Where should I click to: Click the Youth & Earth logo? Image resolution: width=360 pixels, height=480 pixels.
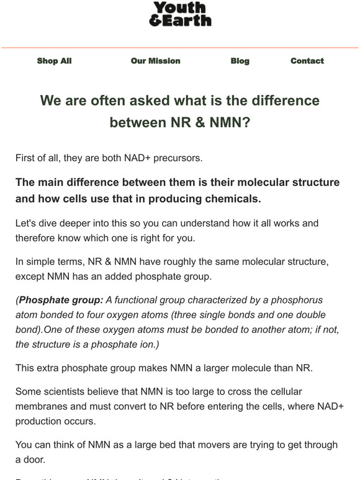(180, 14)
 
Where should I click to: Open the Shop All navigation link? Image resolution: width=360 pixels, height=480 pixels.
(54, 61)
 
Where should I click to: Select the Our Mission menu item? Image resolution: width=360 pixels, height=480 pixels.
(155, 61)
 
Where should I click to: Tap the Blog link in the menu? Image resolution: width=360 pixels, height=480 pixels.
(240, 61)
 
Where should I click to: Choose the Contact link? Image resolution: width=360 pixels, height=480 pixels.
(307, 61)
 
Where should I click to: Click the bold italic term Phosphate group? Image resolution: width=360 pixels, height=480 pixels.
(61, 300)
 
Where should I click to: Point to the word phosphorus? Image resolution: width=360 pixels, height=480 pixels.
(298, 300)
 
